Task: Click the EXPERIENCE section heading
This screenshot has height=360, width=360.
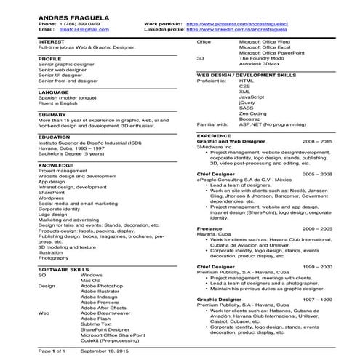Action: click(x=214, y=135)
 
